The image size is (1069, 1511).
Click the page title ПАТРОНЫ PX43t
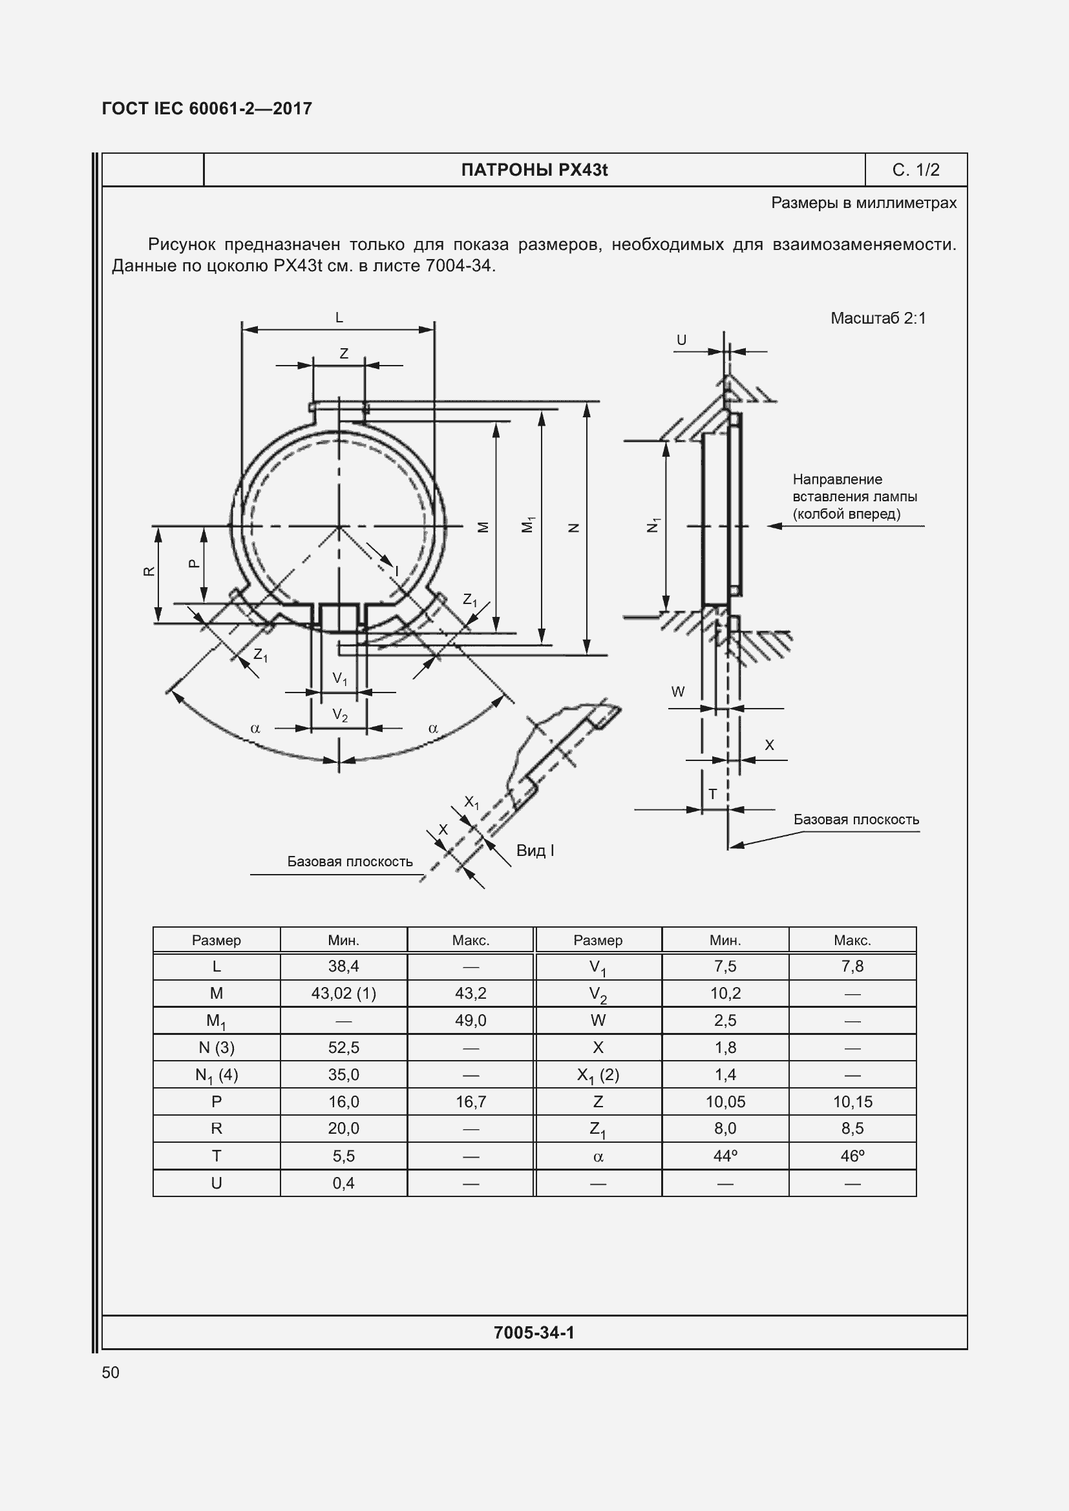534,170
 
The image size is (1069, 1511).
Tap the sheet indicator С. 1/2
916,170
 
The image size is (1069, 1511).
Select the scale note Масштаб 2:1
878,318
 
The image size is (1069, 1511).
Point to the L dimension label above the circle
339,318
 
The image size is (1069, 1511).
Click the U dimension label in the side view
681,340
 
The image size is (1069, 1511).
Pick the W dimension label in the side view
677,692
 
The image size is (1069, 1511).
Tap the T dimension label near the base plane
712,795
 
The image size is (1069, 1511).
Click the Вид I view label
534,850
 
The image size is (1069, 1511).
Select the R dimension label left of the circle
149,570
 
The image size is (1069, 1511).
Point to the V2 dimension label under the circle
340,715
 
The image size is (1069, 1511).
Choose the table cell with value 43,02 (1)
344,993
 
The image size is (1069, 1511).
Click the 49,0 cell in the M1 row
471,1020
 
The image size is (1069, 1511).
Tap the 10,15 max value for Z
852,1101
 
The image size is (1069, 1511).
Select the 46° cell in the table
852,1156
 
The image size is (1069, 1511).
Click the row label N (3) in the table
216,1047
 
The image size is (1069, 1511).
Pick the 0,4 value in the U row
344,1183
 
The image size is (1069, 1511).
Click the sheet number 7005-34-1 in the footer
534,1333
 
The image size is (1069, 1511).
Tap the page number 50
111,1372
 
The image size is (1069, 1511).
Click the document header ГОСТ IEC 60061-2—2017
207,109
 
